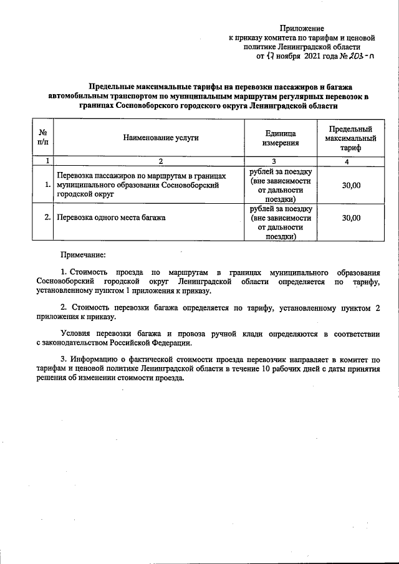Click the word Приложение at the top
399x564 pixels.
302,28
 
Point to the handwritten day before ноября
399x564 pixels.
271,55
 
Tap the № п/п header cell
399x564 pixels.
44,138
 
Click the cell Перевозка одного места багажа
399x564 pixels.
112,218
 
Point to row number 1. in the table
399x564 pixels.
48,185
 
